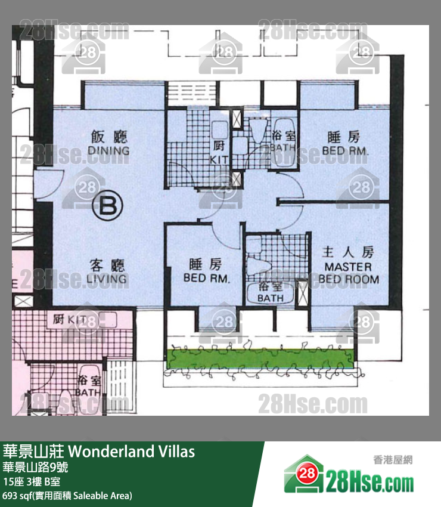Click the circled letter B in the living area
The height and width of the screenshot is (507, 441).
[108, 206]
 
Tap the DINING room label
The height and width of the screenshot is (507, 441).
[108, 150]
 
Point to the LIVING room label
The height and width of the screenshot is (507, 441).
[108, 279]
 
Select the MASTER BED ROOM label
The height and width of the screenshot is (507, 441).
[349, 273]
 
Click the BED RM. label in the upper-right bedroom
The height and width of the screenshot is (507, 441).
[346, 152]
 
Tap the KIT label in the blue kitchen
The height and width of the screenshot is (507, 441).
[219, 159]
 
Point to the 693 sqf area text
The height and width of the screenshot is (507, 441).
[67, 496]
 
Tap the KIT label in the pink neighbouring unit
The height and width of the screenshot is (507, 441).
[70, 319]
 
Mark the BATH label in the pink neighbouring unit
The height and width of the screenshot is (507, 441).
[88, 392]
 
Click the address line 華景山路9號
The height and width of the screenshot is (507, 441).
[35, 467]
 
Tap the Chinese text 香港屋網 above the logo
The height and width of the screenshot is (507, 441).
[393, 459]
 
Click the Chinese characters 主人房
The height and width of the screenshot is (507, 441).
[347, 252]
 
